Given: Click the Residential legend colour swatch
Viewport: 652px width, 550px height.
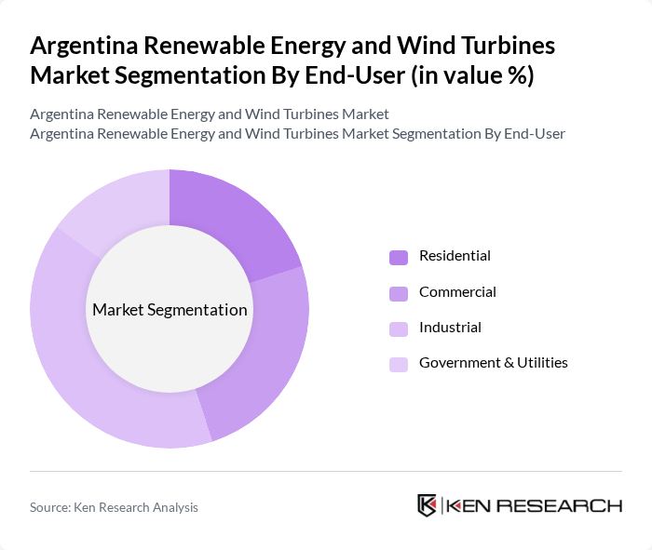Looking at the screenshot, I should (399, 257).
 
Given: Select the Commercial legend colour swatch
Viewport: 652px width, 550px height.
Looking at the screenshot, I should (399, 293).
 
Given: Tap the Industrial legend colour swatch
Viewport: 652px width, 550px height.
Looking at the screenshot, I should (399, 329).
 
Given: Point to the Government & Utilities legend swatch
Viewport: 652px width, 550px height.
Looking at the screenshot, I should (399, 364).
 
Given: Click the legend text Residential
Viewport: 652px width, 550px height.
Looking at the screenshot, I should (455, 256).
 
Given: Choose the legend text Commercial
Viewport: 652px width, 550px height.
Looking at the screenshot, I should (457, 292).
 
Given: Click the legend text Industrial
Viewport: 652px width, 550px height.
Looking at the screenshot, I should (450, 328).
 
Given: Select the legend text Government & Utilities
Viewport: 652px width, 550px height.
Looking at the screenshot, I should (493, 363).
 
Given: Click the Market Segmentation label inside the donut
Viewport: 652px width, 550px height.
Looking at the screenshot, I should (170, 310).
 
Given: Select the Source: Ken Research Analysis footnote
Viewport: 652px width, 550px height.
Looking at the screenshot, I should (114, 507).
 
